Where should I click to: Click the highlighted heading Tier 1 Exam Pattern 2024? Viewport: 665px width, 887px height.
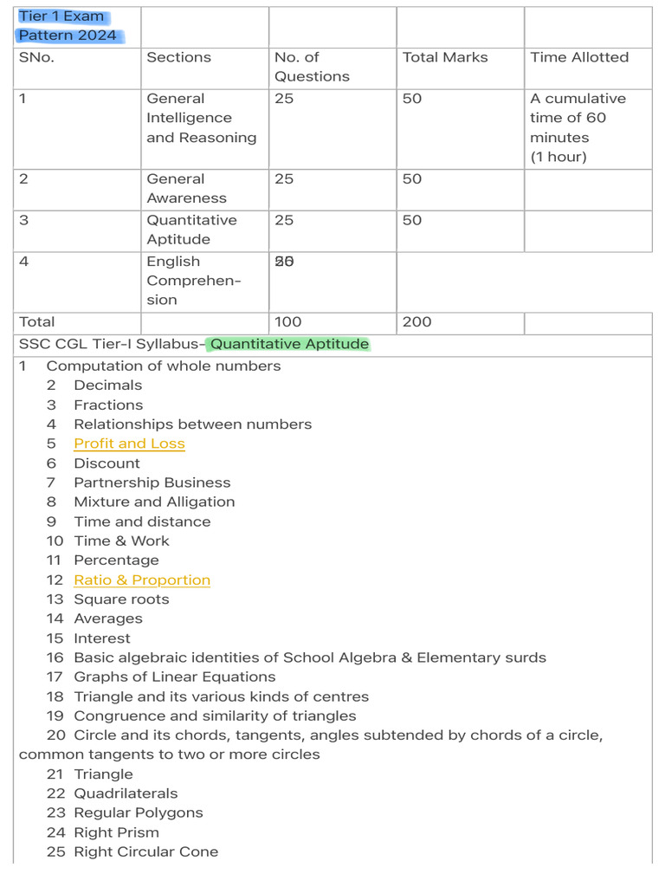point(68,26)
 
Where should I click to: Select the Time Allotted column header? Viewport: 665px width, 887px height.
point(579,57)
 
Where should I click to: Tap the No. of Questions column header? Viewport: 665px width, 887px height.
point(312,67)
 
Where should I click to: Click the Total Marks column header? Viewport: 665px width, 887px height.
point(445,57)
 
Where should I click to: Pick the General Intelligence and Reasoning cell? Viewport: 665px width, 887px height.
point(202,118)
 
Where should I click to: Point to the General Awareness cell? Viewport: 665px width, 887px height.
point(186,188)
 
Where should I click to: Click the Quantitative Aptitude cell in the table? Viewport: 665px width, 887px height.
point(191,230)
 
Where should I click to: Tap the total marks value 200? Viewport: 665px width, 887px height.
point(417,322)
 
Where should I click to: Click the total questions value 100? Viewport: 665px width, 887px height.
point(288,322)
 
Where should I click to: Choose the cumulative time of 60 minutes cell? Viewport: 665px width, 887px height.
point(578,127)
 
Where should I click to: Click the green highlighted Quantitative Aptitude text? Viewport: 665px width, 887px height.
point(290,344)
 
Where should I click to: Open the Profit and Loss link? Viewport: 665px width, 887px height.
point(129,443)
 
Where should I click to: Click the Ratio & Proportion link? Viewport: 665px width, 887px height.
point(142,580)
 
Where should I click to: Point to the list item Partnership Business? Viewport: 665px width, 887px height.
point(152,482)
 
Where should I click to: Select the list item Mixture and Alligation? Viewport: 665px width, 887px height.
point(154,502)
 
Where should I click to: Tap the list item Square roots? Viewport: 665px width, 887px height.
point(121,599)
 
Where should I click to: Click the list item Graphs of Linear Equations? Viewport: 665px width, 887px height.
point(175,677)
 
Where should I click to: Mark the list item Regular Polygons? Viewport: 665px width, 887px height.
point(139,813)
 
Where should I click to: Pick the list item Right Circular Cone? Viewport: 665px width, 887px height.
point(145,851)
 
